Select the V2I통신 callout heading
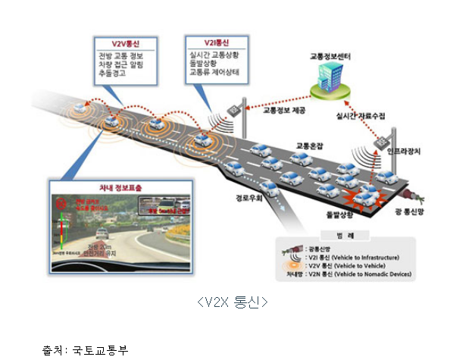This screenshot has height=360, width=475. coord(217,42)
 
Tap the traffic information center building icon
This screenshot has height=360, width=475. coord(329,81)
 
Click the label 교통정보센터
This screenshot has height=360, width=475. coord(331,57)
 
